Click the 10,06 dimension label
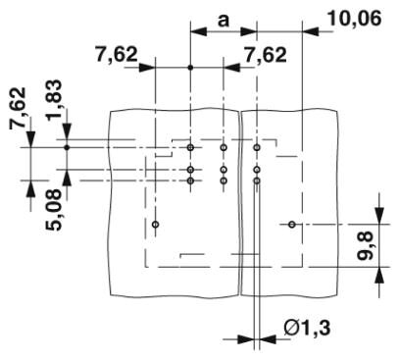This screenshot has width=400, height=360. [x=354, y=19]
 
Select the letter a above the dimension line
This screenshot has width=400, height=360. [x=224, y=21]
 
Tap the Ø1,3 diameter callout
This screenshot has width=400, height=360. [x=307, y=328]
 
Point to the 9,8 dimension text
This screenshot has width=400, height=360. [x=365, y=245]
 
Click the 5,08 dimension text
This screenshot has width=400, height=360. [x=53, y=210]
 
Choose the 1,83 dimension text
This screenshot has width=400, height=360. [x=54, y=100]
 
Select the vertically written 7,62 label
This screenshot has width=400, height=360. [x=18, y=108]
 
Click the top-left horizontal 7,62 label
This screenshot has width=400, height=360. [x=117, y=54]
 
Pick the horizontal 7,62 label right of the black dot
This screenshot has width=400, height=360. [x=266, y=55]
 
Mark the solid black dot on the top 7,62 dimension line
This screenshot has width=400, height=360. [x=190, y=68]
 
